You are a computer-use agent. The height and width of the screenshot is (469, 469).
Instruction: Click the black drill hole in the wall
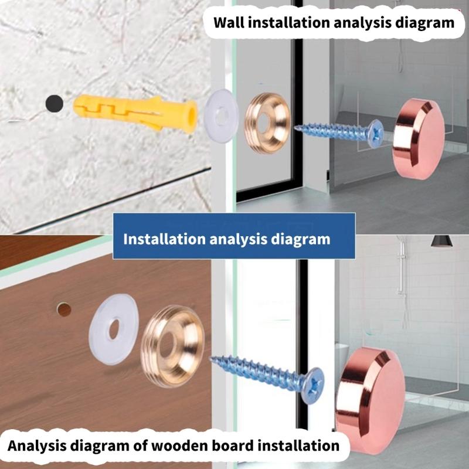pos(55,104)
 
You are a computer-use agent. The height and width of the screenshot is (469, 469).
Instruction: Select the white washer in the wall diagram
pos(222,115)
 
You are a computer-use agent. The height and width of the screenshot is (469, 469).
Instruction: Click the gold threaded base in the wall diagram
pos(268,123)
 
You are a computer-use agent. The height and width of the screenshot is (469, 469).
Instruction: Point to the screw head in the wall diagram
pos(376,134)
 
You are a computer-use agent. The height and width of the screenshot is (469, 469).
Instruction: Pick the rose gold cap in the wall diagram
pos(419,139)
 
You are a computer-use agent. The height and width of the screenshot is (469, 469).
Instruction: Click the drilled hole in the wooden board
pos(64,310)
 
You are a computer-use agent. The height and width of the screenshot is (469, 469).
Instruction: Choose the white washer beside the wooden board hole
pos(114,329)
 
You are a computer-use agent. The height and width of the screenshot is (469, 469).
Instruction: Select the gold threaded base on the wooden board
pos(172,346)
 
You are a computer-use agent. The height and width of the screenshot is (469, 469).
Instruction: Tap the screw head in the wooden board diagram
pos(313,386)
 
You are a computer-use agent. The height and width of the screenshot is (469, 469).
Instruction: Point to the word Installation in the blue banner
pos(164,239)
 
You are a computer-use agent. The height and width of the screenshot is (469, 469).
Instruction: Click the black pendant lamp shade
pos(442,241)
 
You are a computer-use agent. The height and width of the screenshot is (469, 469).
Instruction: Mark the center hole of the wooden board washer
pos(114,329)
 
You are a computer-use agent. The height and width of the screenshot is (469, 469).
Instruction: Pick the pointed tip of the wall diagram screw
pos(295,128)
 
